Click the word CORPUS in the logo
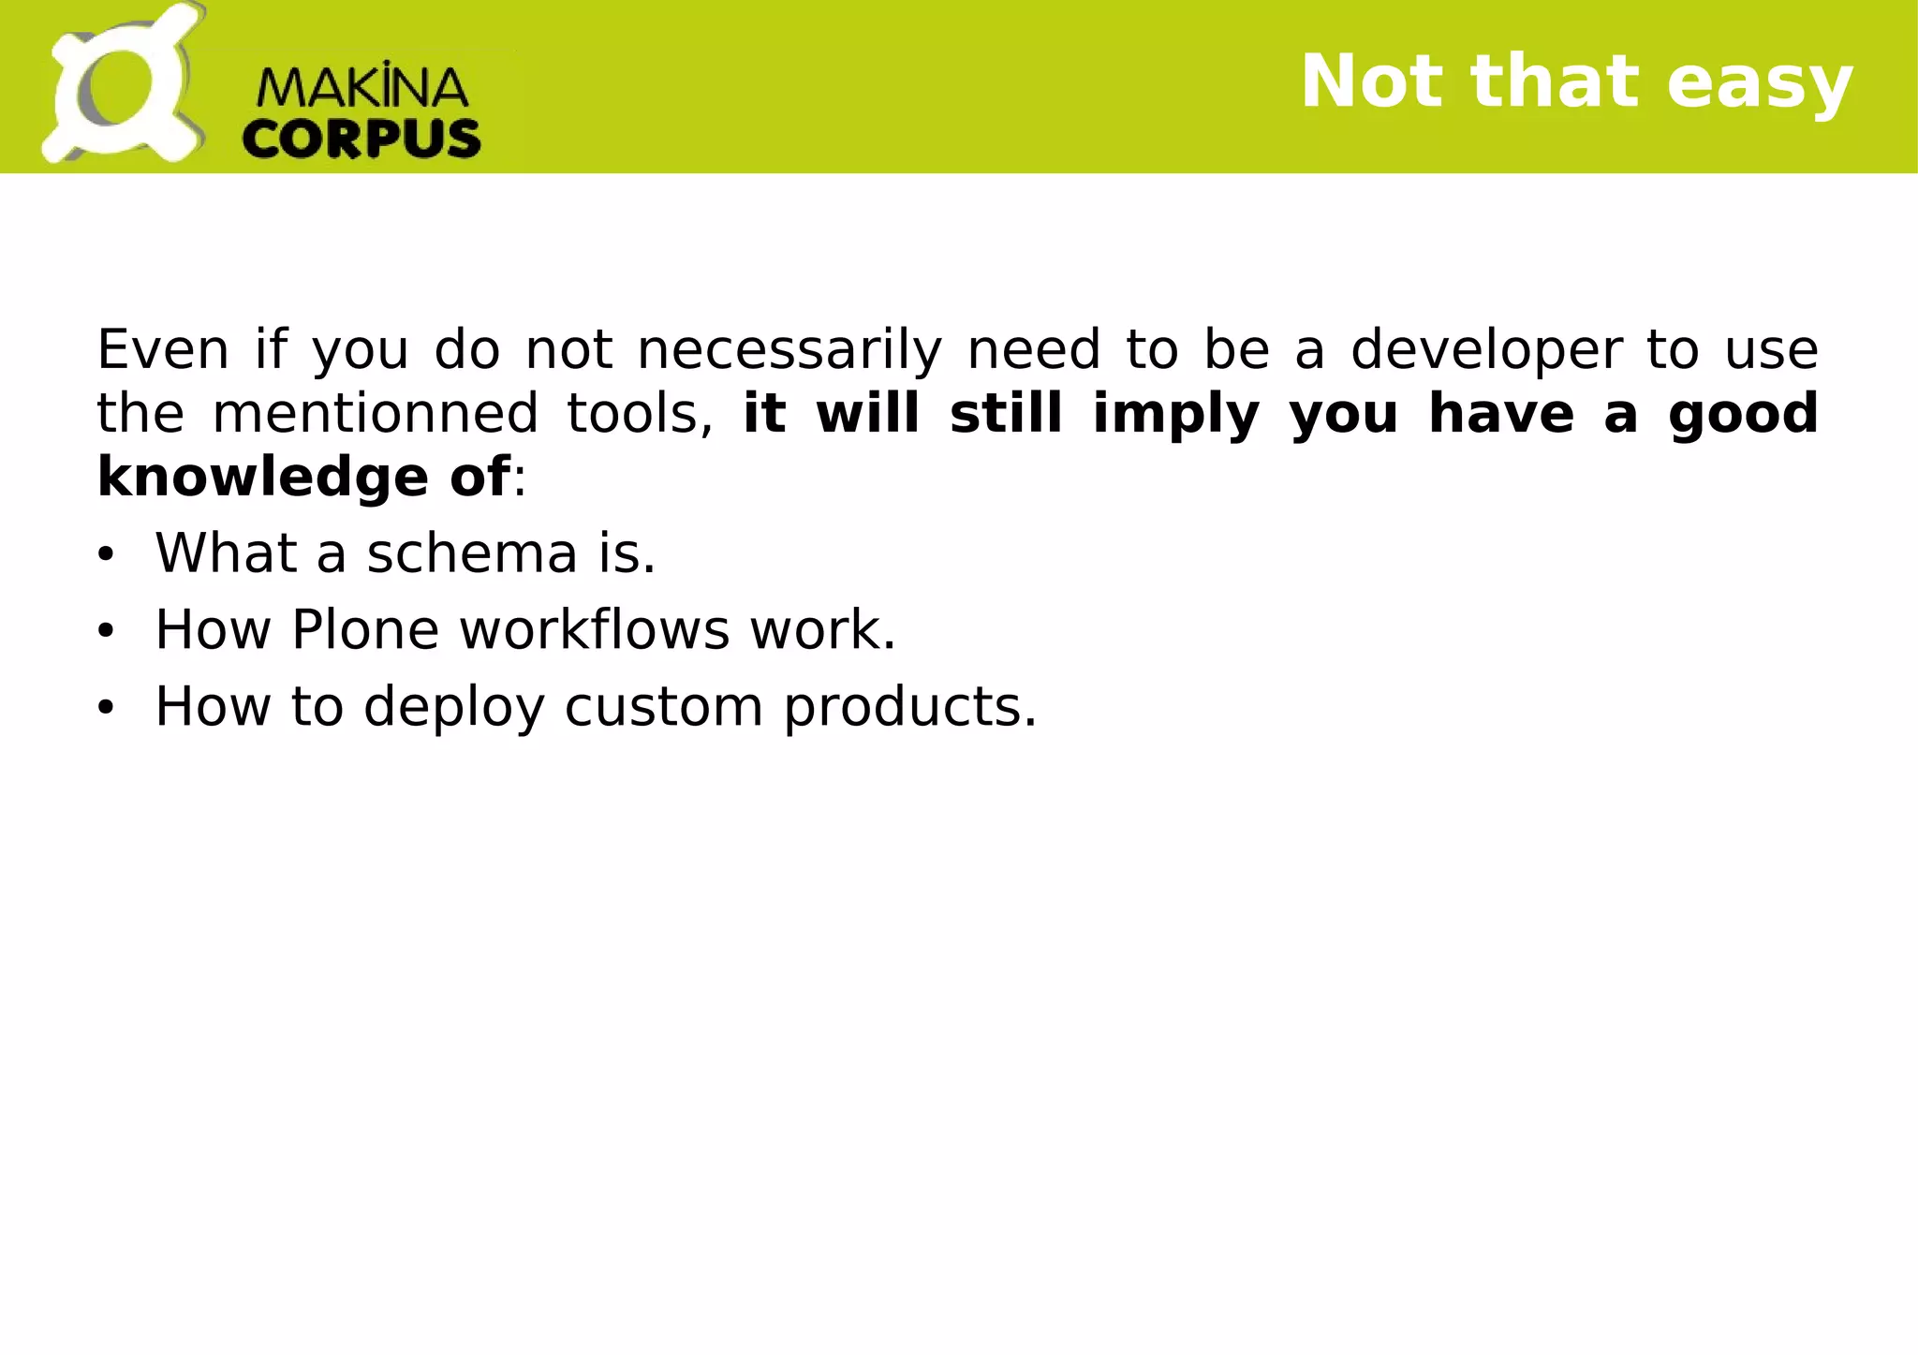361,139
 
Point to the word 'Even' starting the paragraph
163,350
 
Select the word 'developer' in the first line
1485,350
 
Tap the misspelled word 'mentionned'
375,414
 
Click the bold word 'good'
1742,414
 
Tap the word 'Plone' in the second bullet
365,629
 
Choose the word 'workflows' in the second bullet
594,629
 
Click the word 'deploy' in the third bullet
453,706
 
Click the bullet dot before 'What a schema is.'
105,555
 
